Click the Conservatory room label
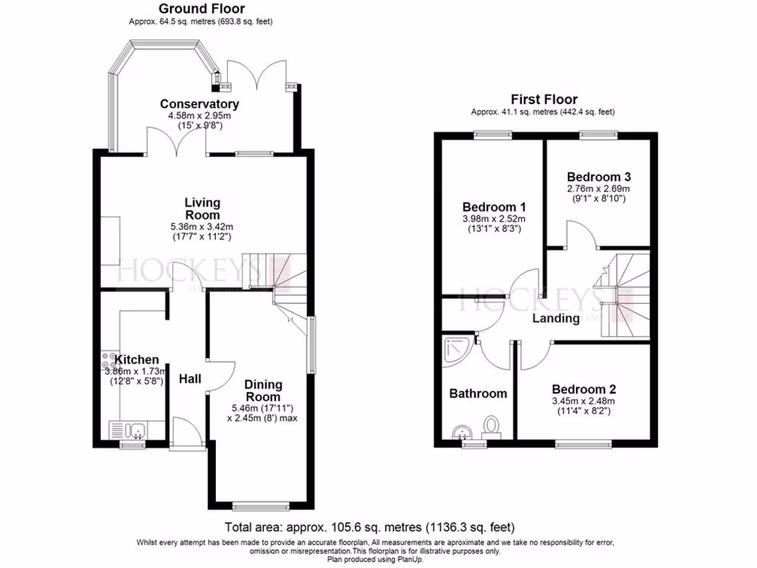pyautogui.click(x=200, y=104)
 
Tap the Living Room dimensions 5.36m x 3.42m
pyautogui.click(x=202, y=226)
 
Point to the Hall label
pyautogui.click(x=190, y=379)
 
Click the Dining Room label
pyautogui.click(x=263, y=390)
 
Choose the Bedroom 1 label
pyautogui.click(x=494, y=206)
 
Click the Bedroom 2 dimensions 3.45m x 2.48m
pyautogui.click(x=583, y=402)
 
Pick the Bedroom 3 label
pyautogui.click(x=598, y=177)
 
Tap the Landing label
pyautogui.click(x=556, y=318)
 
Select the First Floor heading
pyautogui.click(x=544, y=99)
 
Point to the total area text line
pyautogui.click(x=370, y=527)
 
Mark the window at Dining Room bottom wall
pyautogui.click(x=259, y=506)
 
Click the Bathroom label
pyautogui.click(x=478, y=393)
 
